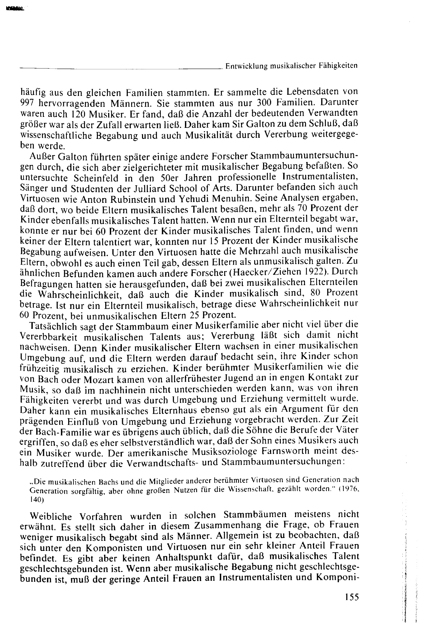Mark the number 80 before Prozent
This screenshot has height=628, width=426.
[x=316, y=293]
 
